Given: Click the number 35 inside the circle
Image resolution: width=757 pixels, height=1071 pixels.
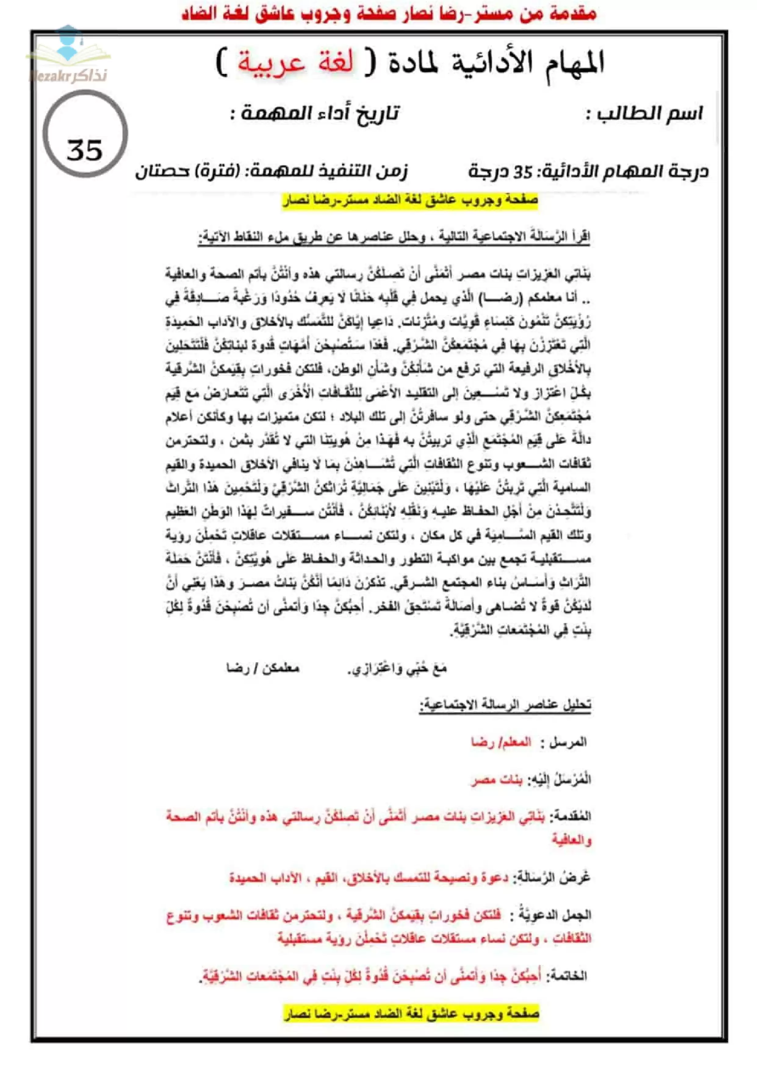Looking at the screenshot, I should [85, 150].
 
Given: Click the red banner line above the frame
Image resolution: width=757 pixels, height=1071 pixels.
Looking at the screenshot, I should [389, 14].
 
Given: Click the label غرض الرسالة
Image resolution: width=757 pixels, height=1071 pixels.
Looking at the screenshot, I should [552, 877].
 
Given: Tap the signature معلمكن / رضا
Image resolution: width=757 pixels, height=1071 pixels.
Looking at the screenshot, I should [263, 668].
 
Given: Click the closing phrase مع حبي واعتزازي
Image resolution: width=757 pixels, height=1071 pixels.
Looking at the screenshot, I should [397, 668].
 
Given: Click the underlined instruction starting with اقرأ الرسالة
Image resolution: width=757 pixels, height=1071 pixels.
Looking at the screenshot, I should [394, 237].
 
